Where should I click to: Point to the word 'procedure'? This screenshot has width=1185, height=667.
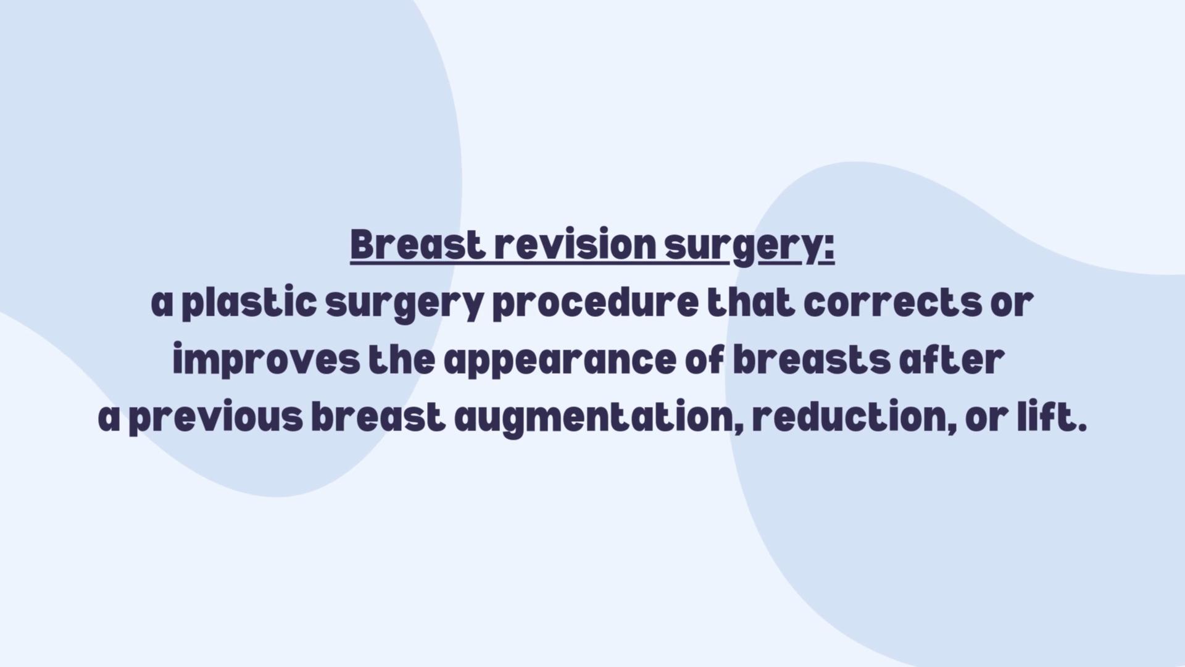point(596,303)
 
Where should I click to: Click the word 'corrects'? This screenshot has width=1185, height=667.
point(892,303)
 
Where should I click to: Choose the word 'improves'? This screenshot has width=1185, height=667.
point(266,360)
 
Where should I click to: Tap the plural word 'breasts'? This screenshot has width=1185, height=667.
point(812,360)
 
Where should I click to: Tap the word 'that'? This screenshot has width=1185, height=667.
point(751,302)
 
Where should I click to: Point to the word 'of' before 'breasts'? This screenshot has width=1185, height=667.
point(705,360)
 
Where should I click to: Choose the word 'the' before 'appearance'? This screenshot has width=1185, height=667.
point(402,360)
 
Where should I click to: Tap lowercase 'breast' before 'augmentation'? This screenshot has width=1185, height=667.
point(378,417)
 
